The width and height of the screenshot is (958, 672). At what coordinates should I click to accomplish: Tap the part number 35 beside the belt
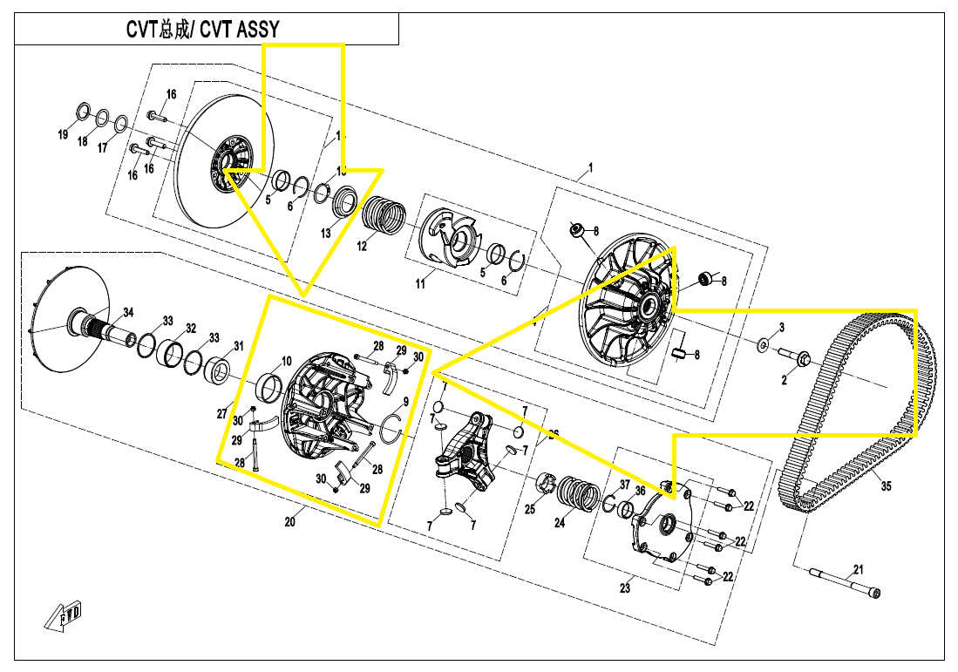pos(887,485)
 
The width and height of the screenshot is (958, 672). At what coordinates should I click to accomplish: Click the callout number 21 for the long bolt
pos(859,570)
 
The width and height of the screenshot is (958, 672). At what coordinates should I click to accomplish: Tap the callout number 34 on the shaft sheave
pos(127,313)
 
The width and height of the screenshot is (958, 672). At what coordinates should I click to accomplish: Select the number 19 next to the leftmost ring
pos(63,134)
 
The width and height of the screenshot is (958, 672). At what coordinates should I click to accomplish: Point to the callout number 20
pos(290,522)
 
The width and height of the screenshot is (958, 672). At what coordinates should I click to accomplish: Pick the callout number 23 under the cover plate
pos(625,588)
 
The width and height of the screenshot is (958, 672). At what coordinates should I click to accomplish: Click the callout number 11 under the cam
pos(419,284)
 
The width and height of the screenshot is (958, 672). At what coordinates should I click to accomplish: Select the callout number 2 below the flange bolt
pos(784,380)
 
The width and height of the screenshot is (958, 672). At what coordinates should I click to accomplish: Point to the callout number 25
pos(529,510)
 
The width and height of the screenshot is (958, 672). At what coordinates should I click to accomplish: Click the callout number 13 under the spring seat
pos(326,233)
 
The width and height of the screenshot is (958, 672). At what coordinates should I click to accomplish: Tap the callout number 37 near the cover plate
pos(624,485)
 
